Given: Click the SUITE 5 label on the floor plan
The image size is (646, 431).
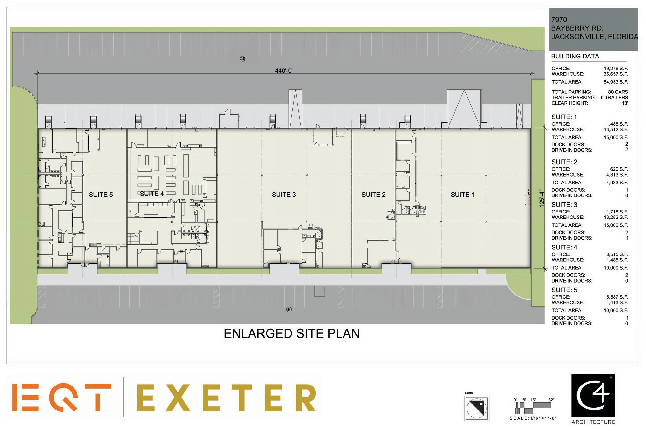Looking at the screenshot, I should pos(101,195).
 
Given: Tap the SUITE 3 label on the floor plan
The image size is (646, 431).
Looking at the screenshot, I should pos(284,195).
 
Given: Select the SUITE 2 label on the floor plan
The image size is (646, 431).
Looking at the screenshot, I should pos(373,195).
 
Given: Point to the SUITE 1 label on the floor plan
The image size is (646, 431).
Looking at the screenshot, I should pos(462,195).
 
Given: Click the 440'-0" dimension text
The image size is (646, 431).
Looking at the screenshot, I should pos(284,70).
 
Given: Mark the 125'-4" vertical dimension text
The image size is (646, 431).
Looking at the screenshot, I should pos(542,198).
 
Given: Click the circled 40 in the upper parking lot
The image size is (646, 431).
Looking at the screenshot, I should pos(243,59).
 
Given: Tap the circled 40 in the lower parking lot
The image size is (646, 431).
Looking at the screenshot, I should pos(289,309).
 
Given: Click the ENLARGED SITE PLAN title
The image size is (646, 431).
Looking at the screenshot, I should pos(291,333).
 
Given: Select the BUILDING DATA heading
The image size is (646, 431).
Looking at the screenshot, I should pos(575,56).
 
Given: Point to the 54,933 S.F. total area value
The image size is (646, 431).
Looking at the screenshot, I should pos(616,82).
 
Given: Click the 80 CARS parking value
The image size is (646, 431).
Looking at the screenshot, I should pos(618,92).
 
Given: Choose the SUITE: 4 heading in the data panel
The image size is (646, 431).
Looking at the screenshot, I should pos(564,247).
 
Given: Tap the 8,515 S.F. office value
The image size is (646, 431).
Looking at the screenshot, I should pos(616,254).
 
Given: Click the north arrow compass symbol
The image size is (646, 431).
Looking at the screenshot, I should pos(476,408).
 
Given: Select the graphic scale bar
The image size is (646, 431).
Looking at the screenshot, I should pos(533,408).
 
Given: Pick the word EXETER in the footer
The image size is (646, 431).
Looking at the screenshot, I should pos(226,398).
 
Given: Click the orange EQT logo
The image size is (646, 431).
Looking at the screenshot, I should pos(62,398).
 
